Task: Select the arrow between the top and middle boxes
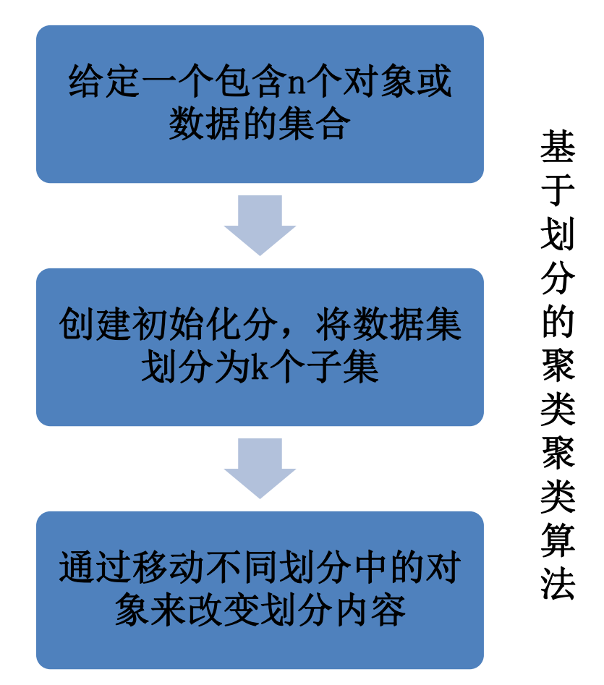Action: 260,225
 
